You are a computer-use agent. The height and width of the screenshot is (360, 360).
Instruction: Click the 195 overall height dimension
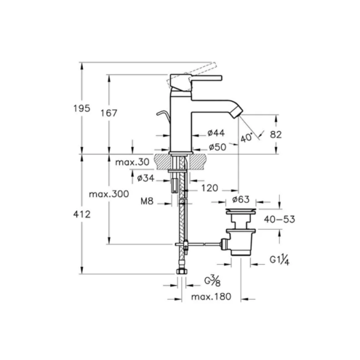tap(82, 108)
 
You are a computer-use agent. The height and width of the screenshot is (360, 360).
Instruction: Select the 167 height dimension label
tap(109, 113)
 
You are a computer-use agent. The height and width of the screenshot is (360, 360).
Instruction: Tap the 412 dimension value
tap(82, 214)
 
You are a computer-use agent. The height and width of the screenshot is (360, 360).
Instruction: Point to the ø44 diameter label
tap(216, 132)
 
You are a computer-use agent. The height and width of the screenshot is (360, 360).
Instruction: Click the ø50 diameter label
tap(217, 147)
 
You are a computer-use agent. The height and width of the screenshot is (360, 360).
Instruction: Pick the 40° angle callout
tap(247, 137)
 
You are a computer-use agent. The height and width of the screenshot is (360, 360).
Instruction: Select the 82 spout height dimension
tap(276, 135)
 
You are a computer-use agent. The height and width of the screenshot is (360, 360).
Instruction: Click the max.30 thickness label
tap(132, 162)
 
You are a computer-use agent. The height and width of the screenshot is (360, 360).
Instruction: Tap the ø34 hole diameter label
tap(145, 178)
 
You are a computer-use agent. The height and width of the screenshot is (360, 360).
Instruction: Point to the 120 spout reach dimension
tap(209, 188)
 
